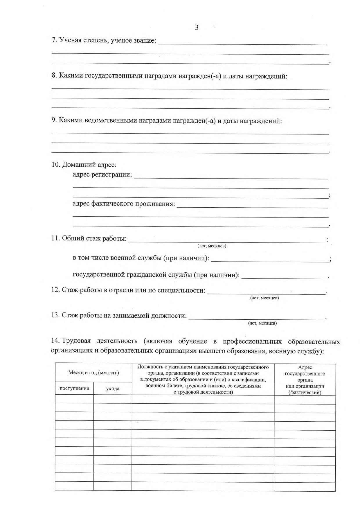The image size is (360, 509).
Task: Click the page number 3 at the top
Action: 197,28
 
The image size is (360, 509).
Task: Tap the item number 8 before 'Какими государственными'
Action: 54,76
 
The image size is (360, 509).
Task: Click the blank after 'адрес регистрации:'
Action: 231,177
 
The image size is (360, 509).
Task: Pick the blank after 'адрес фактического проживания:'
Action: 252,206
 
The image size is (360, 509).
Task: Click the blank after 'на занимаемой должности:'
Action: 257,317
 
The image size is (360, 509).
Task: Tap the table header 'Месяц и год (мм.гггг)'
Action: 93,373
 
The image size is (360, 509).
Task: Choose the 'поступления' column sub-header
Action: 74,389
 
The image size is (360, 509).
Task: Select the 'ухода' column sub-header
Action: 113,389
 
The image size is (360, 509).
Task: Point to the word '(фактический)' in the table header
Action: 305,393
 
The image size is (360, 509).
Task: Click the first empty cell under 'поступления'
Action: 74,400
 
